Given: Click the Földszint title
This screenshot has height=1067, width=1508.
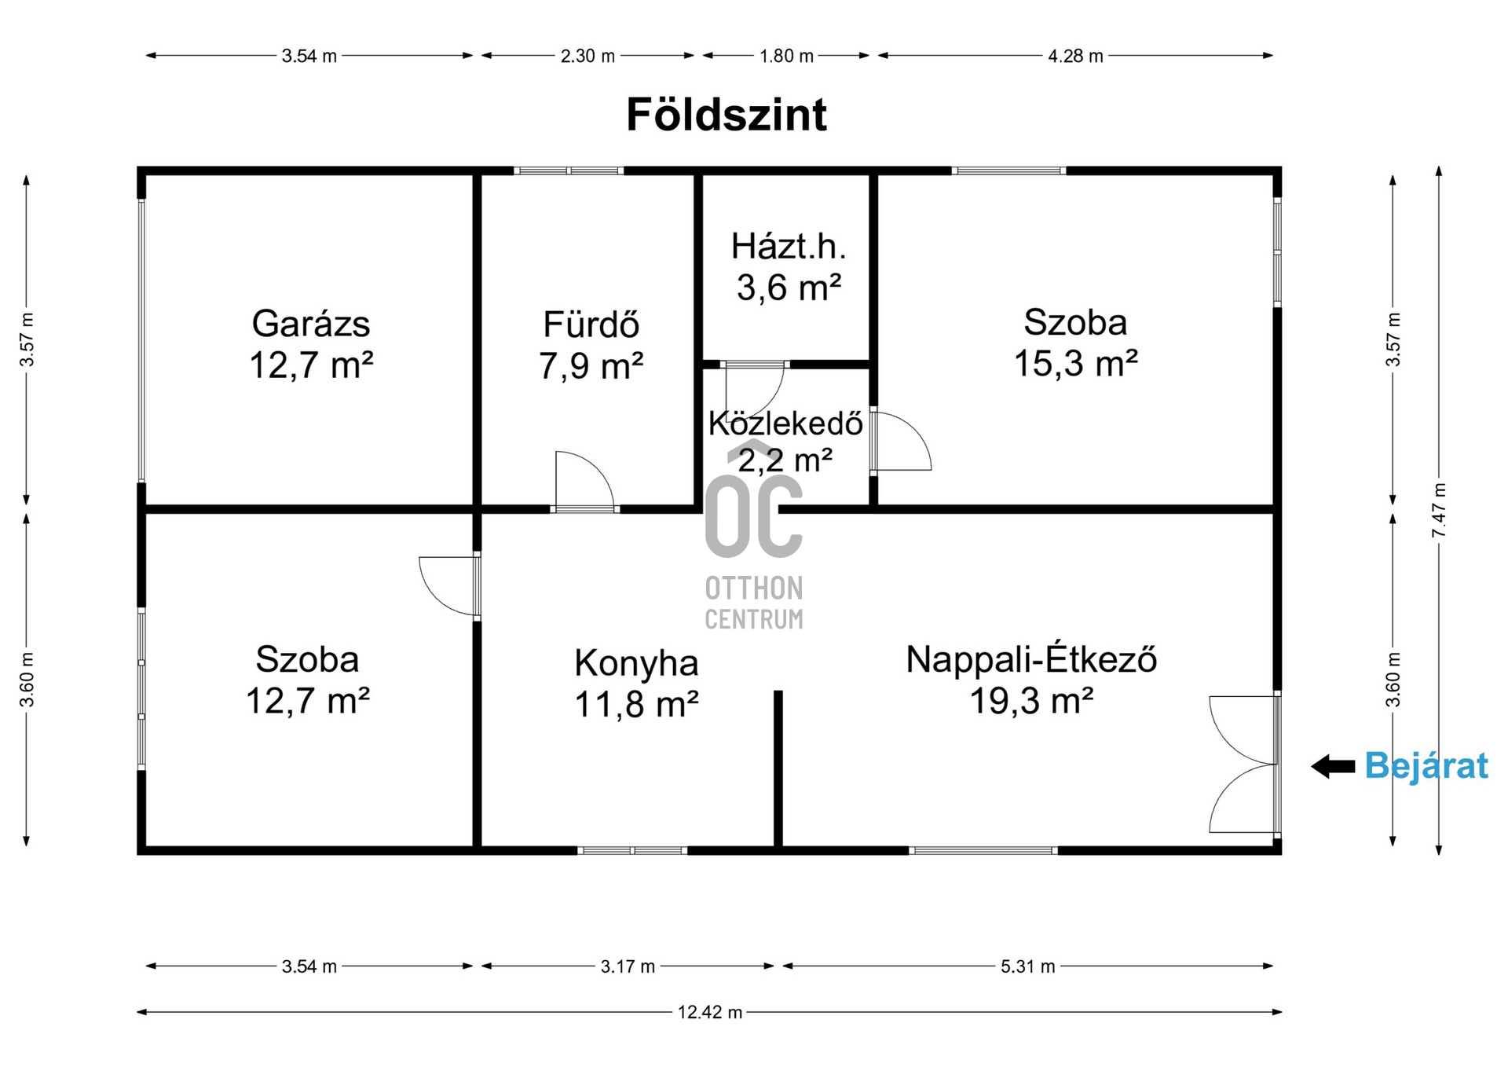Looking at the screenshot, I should pos(727,115).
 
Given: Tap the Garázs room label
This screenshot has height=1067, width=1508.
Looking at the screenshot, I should pos(311,324).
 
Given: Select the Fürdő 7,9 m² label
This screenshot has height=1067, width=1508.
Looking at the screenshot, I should pos(591,345).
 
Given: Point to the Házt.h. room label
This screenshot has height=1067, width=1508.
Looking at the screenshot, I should pos(789,247).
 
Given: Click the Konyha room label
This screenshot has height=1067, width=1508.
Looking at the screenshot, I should pos(636,663).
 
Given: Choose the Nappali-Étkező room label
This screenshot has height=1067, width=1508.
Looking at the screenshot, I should pos(1031,659).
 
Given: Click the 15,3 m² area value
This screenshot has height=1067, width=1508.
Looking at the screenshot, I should pos(1075,363).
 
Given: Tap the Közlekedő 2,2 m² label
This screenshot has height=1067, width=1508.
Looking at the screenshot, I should pos(785,442).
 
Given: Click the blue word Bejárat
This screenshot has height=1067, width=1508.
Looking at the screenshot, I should pos(1426,765).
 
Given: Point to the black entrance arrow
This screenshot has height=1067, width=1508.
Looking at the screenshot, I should pos(1333,766).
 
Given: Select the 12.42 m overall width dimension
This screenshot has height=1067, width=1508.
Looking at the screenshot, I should pos(710,1012).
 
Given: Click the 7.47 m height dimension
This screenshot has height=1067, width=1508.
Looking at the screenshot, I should pos(1439,511).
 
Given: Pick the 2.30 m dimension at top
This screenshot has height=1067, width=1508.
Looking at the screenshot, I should pos(587,56).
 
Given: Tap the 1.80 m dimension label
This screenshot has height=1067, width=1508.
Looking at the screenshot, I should pos(786,56).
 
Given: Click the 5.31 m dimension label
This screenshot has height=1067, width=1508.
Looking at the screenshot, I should pos(1027,966).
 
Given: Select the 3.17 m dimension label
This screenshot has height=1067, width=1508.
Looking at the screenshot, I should pos(628,966).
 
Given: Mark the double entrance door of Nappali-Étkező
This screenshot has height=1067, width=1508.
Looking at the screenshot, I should pos(1243,764).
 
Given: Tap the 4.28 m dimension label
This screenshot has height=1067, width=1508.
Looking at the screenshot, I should pos(1075,56).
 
